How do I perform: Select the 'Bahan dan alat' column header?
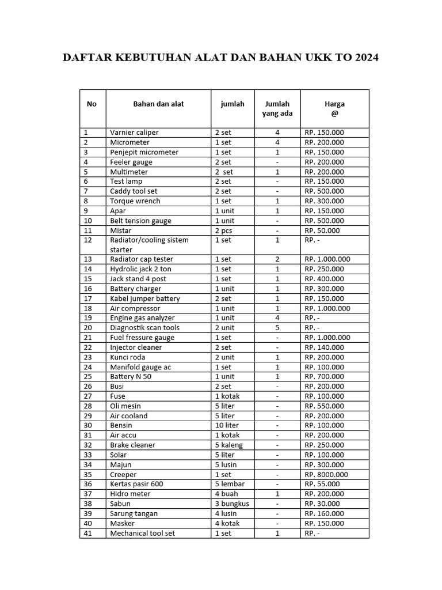tap(158, 104)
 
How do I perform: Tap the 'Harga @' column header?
tap(334, 108)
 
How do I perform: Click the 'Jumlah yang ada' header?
tap(277, 108)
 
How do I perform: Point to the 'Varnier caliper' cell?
tap(134, 133)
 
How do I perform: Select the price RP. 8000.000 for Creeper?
tap(326, 475)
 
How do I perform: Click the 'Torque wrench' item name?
tap(135, 201)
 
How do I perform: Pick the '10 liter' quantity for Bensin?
tap(227, 426)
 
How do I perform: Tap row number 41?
tap(88, 534)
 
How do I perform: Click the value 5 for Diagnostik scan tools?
tap(277, 328)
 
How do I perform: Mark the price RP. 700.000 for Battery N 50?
tap(325, 377)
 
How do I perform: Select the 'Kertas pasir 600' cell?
tap(136, 485)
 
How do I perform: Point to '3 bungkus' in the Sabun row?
tap(232, 504)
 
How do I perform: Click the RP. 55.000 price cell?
tap(322, 485)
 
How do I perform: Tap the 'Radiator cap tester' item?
tap(142, 259)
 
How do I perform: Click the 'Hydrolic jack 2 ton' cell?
tap(140, 269)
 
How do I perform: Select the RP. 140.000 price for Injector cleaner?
tap(325, 347)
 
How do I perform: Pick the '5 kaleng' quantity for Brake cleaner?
tap(229, 445)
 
